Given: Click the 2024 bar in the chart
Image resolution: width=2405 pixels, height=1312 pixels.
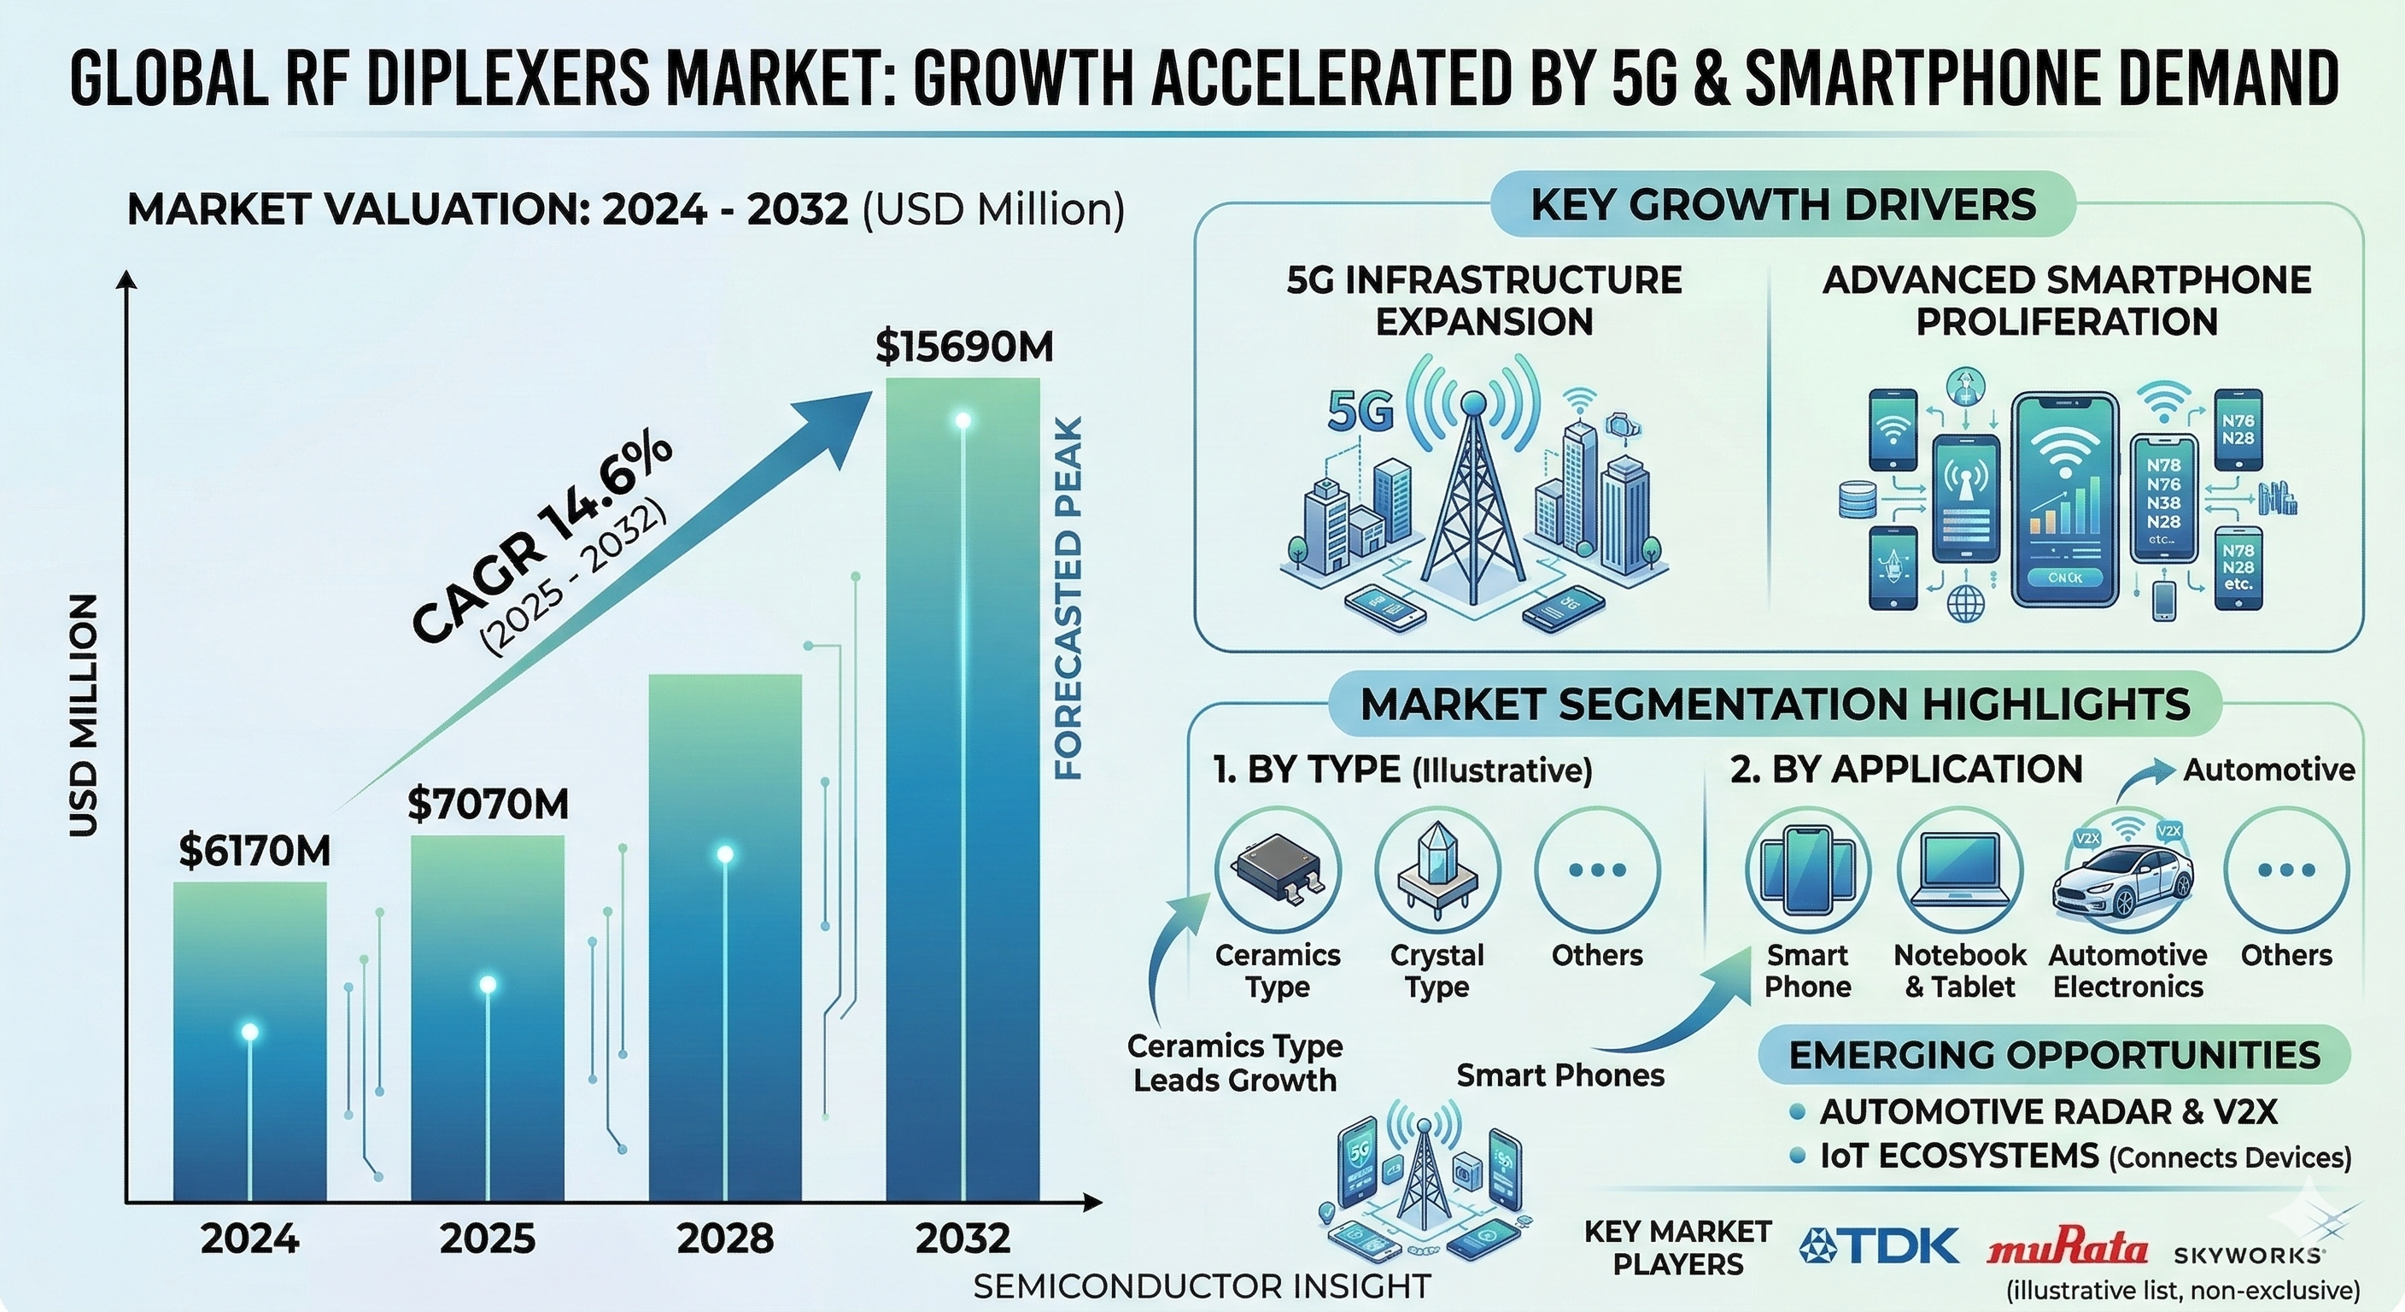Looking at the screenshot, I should pos(250,1041).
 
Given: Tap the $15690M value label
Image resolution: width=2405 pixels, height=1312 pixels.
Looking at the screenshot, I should pos(963,348).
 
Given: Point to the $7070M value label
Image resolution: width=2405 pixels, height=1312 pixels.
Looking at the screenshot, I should pos(488,804).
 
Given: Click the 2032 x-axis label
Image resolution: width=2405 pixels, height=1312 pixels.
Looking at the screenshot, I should pos(963,1239).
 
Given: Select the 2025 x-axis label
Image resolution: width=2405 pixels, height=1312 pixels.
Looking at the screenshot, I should pos(488,1239).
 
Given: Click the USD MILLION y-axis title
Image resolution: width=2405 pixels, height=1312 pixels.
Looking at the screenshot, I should pos(84,714).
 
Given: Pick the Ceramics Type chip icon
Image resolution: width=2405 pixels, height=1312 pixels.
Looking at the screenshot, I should pos(1277,870).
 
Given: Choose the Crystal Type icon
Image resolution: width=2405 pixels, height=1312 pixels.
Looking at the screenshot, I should pos(1437,870).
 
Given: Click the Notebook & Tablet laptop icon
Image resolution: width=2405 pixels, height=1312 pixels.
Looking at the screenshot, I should pos(1960,870).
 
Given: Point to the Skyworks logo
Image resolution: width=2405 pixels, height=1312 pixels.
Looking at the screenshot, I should pos(2248,1255).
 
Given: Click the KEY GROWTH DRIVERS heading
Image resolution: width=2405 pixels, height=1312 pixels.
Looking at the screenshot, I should pos(1783,204).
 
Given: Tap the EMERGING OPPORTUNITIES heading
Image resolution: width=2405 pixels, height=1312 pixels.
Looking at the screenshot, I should pos(2054,1055).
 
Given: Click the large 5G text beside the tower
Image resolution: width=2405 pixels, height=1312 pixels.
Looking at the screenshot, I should pos(1360,412).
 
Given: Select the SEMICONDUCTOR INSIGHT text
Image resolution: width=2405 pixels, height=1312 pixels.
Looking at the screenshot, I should pos(1202,1286).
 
